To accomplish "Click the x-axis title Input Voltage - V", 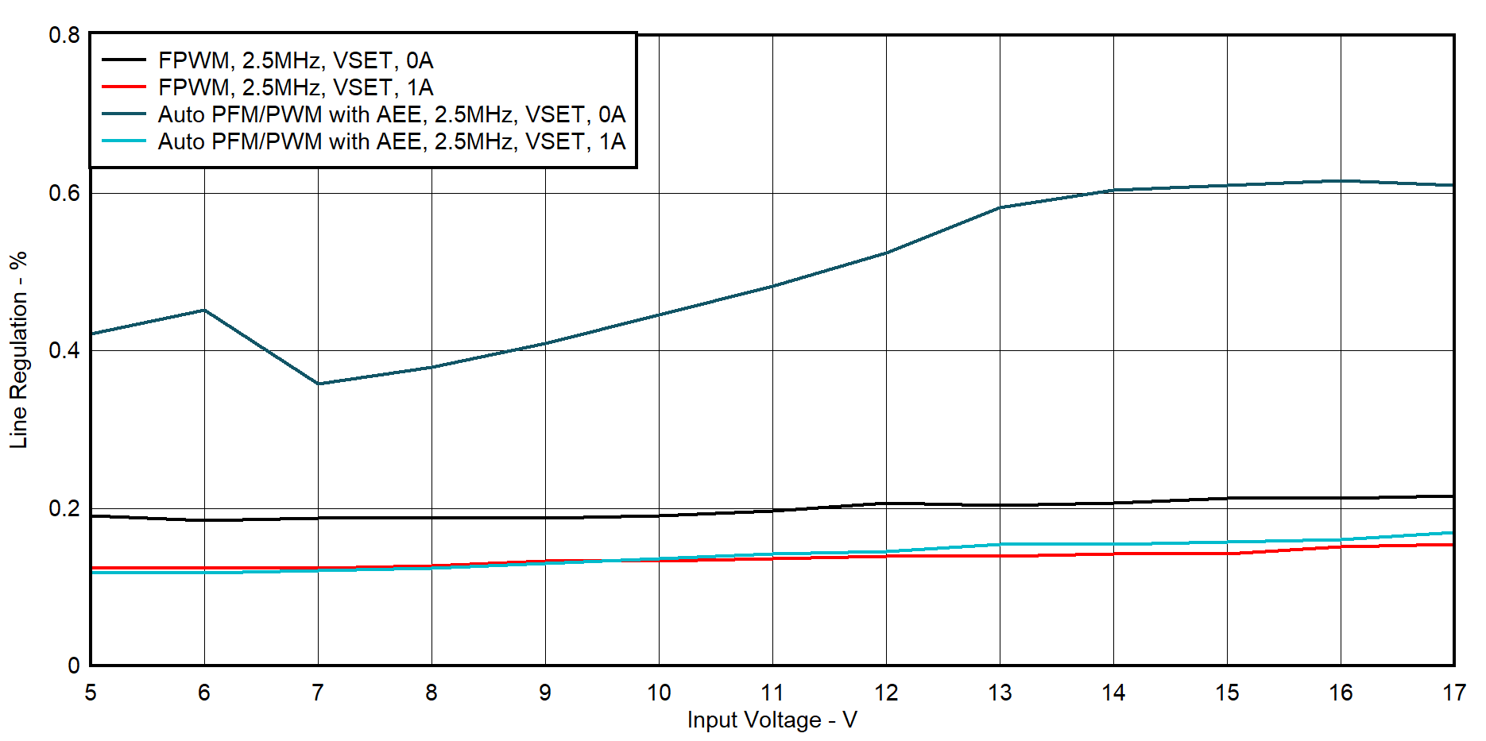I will tap(772, 720).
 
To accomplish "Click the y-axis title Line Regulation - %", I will tap(18, 350).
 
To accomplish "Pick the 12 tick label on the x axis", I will tap(886, 693).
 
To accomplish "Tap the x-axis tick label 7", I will tap(318, 693).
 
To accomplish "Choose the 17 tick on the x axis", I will tap(1453, 693).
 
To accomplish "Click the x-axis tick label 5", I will tap(91, 693).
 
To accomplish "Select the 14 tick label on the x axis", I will tap(1113, 693).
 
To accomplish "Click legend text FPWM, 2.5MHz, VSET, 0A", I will tap(296, 60).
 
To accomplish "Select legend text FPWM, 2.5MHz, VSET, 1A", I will tap(296, 87).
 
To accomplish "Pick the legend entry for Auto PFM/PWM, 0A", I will tap(392, 114).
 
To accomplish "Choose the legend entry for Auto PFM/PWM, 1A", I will tap(392, 141).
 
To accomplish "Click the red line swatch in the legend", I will tap(124, 87).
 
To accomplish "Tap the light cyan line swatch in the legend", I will tap(124, 141).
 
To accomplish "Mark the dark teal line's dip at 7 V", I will tap(318, 384).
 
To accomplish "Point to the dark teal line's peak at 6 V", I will tap(204, 310).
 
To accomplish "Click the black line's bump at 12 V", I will tap(886, 503).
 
